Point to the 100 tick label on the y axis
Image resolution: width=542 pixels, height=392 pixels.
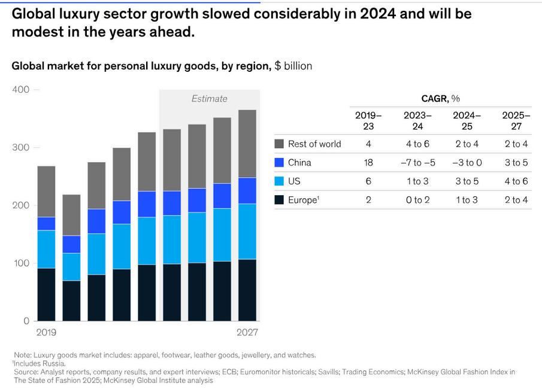(x=21, y=263)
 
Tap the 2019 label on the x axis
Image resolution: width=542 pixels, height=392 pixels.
(x=46, y=332)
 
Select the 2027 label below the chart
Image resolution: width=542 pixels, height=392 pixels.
(x=247, y=332)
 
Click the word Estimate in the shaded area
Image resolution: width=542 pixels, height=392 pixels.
(x=210, y=99)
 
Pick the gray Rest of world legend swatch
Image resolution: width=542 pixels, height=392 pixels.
(x=279, y=144)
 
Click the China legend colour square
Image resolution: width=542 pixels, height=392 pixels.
(x=279, y=163)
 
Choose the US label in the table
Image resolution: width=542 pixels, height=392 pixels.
(x=294, y=181)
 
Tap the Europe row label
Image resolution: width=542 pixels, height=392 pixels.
(x=304, y=200)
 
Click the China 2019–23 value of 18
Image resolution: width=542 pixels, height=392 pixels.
(x=368, y=163)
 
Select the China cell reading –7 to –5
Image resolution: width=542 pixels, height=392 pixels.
(x=418, y=163)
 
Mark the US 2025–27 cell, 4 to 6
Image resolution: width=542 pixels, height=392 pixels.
(x=516, y=181)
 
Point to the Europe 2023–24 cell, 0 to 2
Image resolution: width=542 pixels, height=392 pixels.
(x=418, y=200)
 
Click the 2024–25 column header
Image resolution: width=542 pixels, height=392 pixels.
(x=467, y=120)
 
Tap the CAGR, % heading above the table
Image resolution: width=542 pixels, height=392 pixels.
(x=440, y=99)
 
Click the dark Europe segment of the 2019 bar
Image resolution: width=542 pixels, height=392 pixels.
(x=46, y=294)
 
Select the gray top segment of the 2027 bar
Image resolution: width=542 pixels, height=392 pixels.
(x=247, y=144)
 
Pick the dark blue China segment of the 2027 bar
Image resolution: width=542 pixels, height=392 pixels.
(x=247, y=191)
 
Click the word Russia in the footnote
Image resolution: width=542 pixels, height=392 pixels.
(x=55, y=364)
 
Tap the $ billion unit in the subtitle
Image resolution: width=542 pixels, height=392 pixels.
(x=293, y=66)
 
